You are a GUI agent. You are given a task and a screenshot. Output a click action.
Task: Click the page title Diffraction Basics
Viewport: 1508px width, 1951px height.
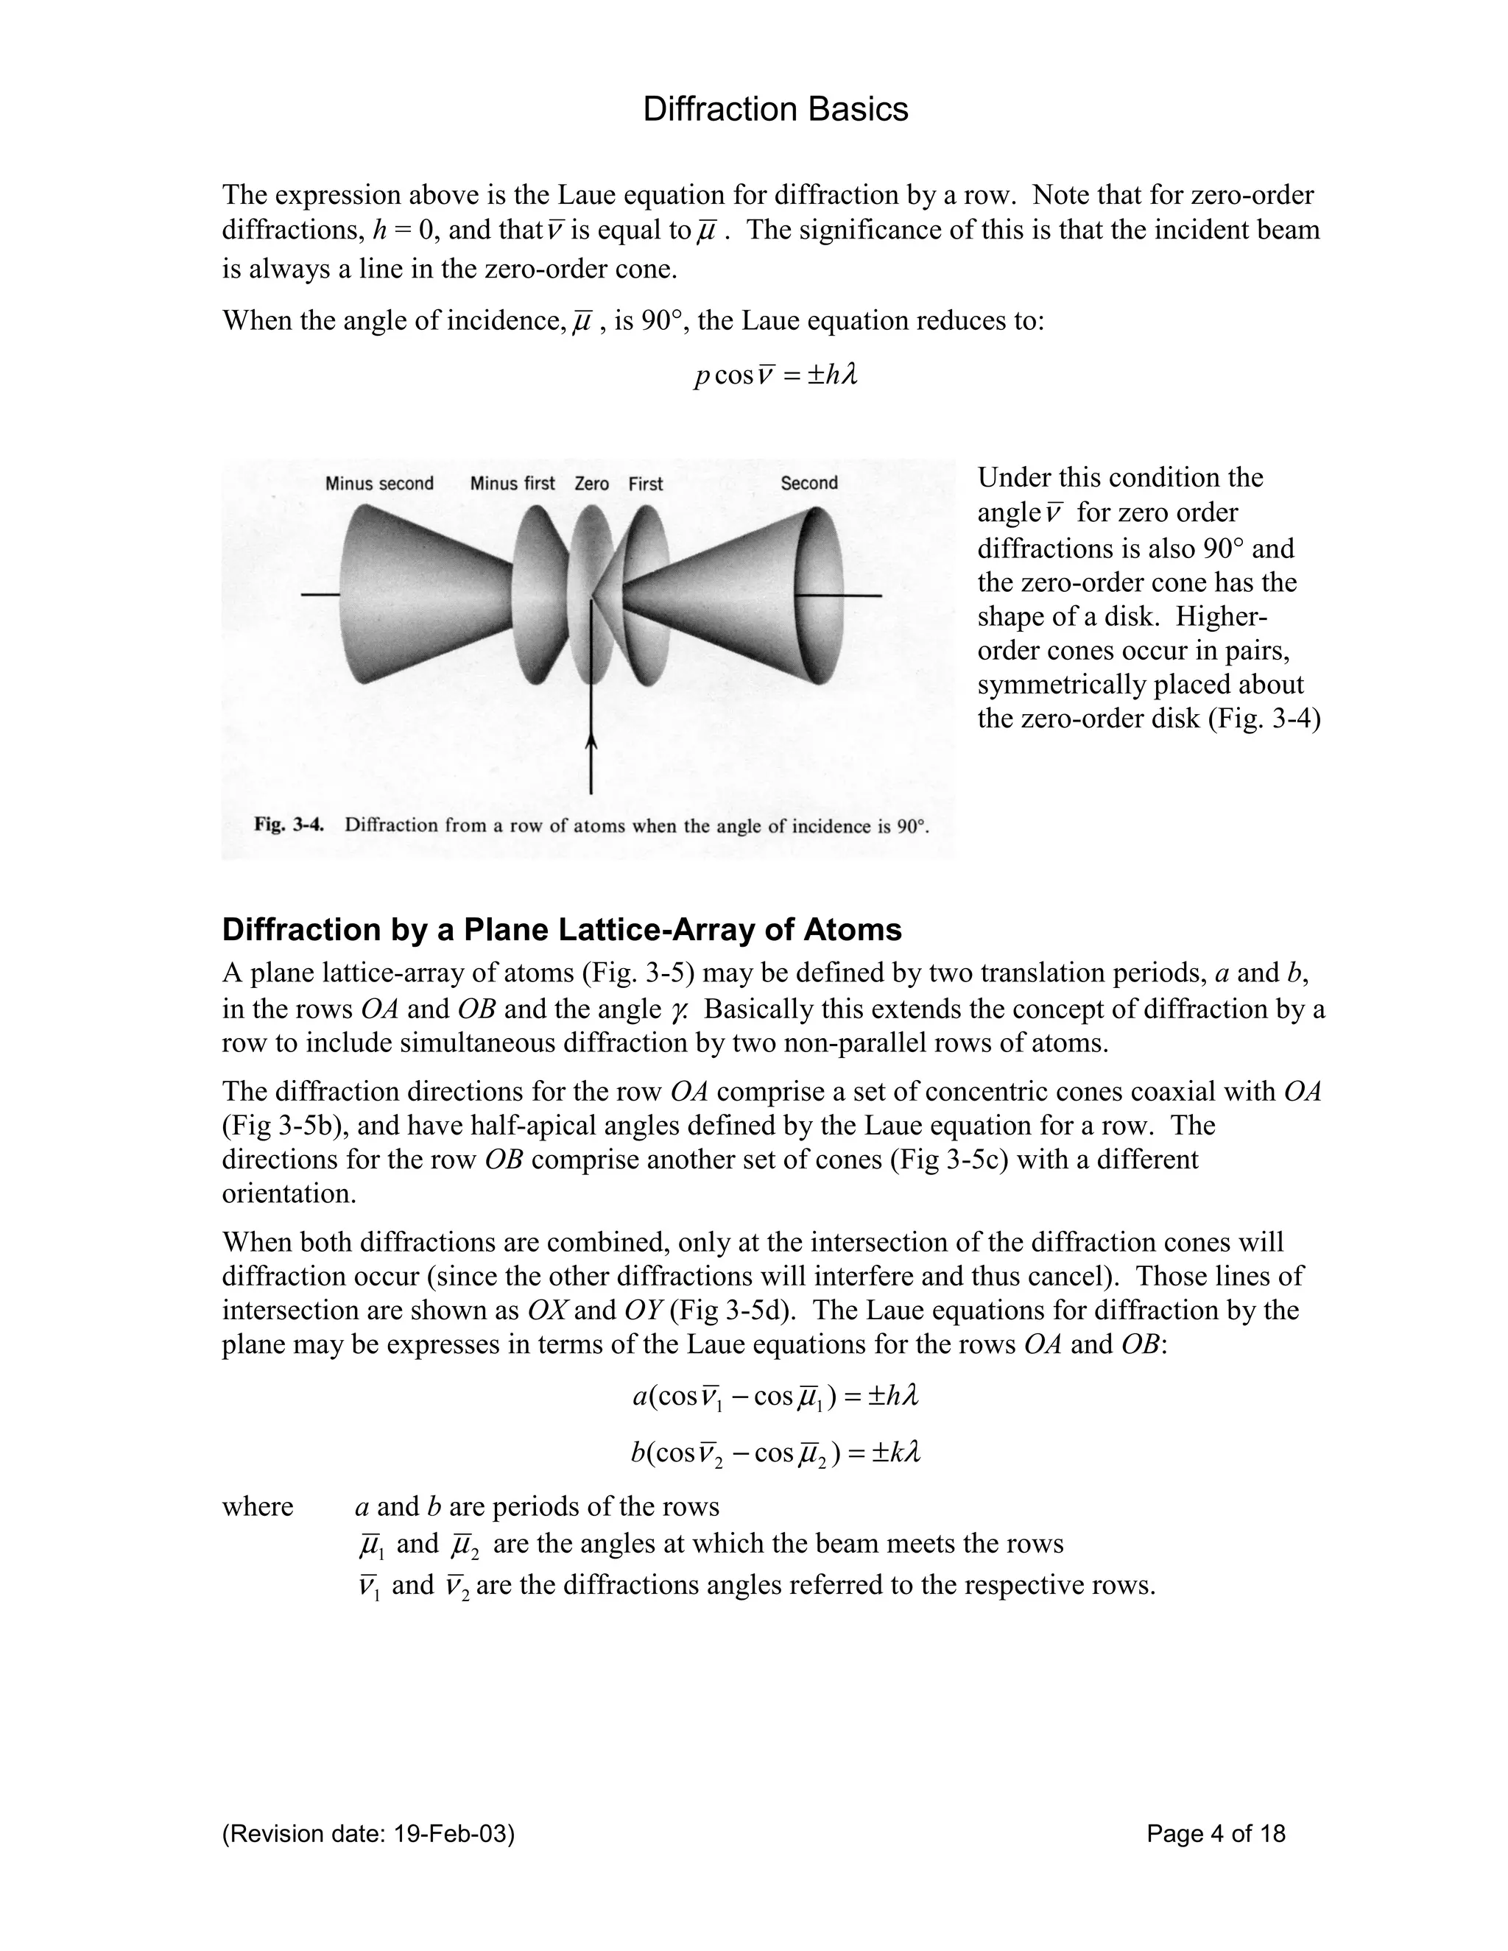coord(775,110)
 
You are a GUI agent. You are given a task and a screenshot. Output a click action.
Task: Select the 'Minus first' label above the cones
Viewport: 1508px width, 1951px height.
coord(512,483)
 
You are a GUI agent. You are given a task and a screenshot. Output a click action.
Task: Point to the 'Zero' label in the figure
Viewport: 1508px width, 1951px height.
coord(591,483)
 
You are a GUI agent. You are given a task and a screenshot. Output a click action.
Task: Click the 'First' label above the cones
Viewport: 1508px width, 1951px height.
coord(645,483)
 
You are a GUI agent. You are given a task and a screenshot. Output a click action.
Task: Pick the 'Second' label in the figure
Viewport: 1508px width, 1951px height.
coord(808,482)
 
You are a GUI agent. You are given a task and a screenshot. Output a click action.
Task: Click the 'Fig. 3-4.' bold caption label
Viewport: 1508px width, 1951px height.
coord(288,824)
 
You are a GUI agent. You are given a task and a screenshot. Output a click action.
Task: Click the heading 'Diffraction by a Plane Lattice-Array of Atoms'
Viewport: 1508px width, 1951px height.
coord(561,930)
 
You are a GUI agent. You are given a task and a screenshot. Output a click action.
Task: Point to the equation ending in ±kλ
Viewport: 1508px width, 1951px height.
coord(775,1453)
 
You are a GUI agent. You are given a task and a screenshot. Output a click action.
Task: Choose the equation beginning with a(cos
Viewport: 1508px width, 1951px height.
coord(775,1396)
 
